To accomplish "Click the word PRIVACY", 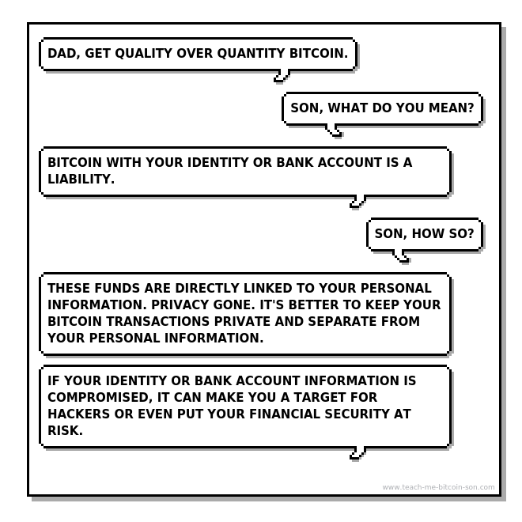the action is (x=180, y=305).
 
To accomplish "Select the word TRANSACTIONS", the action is (x=158, y=322).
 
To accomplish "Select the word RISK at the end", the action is (x=65, y=431).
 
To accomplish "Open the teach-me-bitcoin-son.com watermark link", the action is (x=438, y=487).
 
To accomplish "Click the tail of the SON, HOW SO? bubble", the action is (x=402, y=256).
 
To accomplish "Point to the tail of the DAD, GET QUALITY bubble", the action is (x=282, y=76).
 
